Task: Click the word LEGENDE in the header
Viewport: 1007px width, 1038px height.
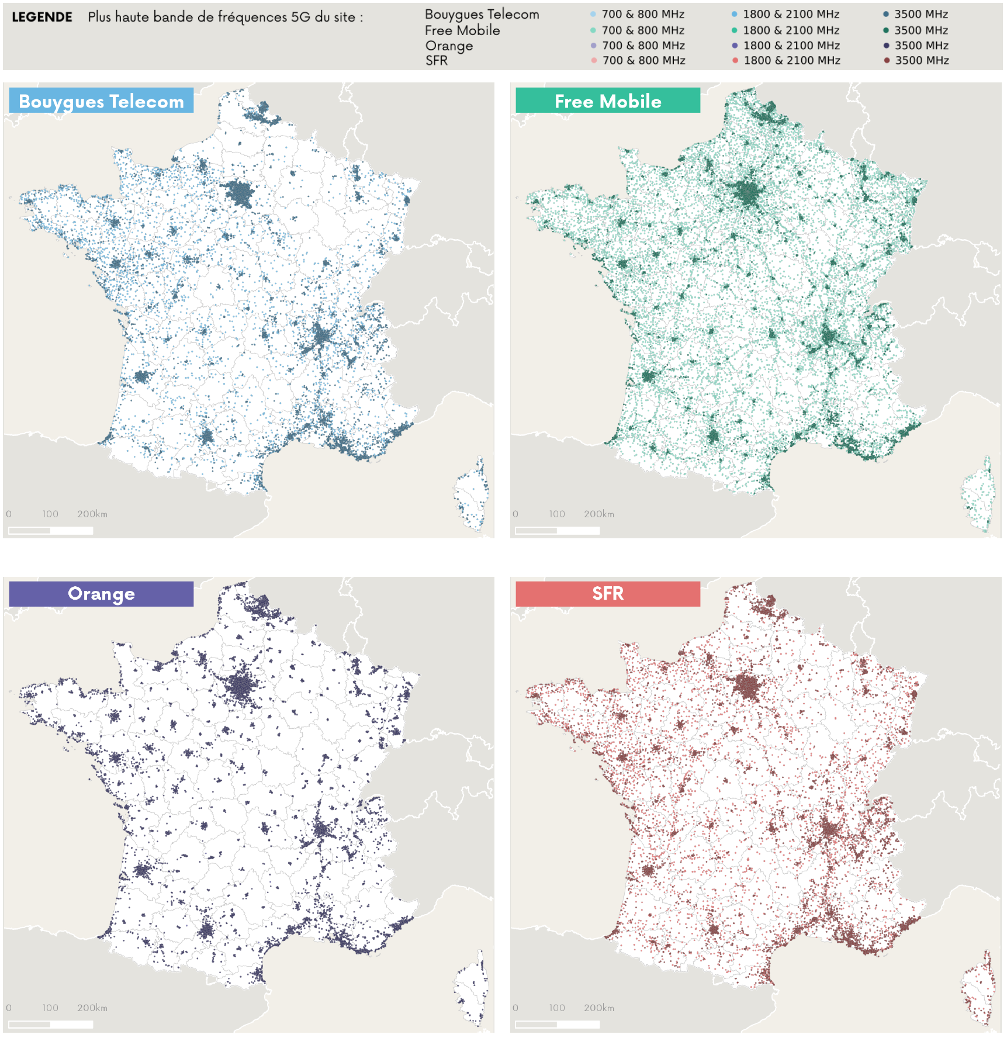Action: tap(42, 17)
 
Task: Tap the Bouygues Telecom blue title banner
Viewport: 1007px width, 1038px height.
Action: tap(101, 101)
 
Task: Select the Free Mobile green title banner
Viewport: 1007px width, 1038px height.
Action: tap(608, 101)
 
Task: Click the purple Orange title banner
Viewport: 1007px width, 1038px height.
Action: tap(101, 594)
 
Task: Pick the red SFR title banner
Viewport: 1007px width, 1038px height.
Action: tap(608, 594)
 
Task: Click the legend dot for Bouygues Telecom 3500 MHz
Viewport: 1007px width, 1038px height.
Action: tap(886, 14)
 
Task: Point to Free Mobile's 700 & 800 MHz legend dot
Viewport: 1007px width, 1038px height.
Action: tap(593, 30)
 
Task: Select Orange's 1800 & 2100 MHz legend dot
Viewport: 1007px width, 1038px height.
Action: tap(735, 46)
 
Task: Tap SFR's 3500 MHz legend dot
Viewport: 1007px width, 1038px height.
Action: tap(887, 60)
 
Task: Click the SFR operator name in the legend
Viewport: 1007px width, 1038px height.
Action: tap(437, 61)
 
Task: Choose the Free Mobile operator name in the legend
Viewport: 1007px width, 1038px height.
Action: tap(462, 30)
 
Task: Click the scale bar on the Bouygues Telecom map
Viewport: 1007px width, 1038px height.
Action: tap(51, 531)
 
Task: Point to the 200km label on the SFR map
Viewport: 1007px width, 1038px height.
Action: tap(598, 1008)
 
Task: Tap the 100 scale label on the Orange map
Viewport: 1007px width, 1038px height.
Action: tap(50, 1008)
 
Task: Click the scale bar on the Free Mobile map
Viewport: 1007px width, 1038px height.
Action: tap(558, 531)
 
